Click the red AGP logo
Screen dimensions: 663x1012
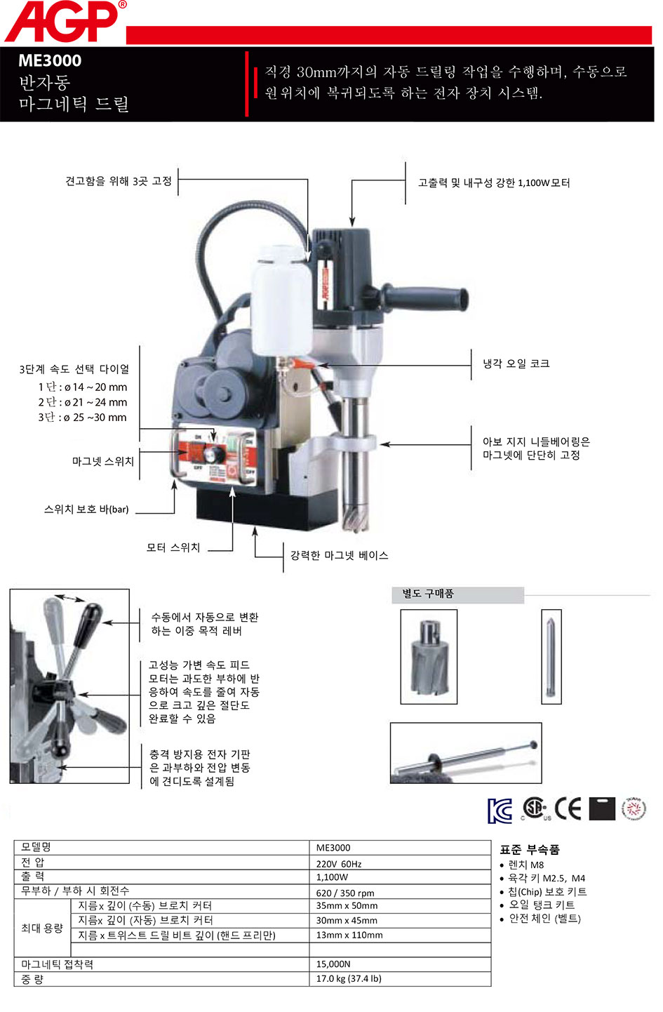65,21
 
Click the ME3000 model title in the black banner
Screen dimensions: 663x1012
50,60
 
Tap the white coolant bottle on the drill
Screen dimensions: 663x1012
281,300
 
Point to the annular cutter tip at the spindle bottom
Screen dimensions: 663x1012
356,516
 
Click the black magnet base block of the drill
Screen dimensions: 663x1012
267,510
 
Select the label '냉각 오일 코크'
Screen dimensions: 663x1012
516,364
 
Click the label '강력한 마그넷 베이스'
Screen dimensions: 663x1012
339,555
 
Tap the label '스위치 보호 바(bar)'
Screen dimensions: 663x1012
86,510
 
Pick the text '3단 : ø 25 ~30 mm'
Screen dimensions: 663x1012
82,417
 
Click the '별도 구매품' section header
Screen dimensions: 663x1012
428,594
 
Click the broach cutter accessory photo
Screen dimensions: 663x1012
429,656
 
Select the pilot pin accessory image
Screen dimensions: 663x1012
551,656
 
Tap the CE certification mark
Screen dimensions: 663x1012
568,808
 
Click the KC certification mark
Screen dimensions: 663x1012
500,811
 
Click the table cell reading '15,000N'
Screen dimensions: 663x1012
333,964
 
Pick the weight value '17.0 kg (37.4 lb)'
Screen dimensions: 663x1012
349,978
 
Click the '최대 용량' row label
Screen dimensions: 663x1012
42,928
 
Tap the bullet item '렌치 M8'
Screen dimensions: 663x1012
526,865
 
